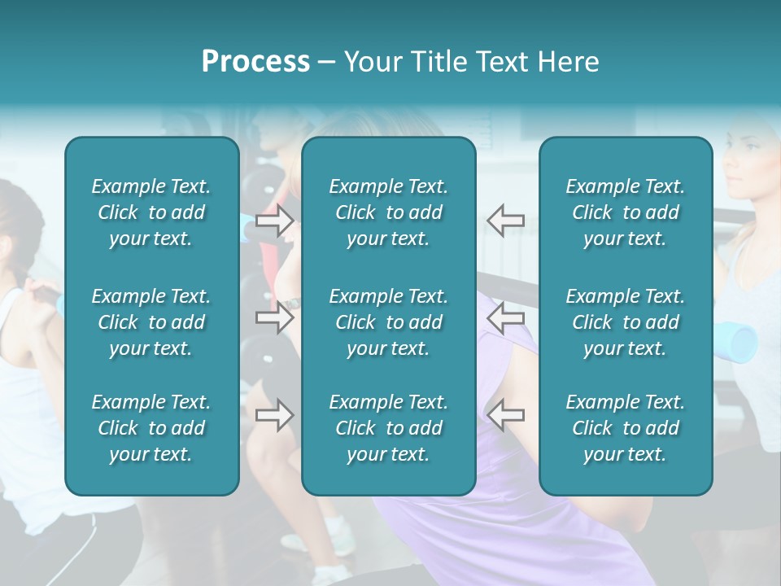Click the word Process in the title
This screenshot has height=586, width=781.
point(255,62)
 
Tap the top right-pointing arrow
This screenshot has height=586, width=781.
point(274,221)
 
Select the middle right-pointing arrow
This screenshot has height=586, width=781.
point(274,317)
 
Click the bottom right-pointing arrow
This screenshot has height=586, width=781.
point(274,415)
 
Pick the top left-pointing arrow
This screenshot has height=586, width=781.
point(505,221)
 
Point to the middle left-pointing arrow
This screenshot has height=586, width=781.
point(505,317)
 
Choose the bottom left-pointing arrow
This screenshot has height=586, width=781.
point(505,415)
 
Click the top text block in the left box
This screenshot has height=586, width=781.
point(151,212)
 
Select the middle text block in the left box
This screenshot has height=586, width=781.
point(151,322)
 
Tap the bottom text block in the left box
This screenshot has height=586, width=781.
point(151,428)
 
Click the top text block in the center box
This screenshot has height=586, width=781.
point(388,212)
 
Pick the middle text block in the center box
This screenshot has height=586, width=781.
point(388,322)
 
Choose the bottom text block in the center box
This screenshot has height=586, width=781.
point(388,428)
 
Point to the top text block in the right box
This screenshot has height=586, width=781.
point(625,212)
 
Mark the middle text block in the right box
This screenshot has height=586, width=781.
point(625,322)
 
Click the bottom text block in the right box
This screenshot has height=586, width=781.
point(625,428)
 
